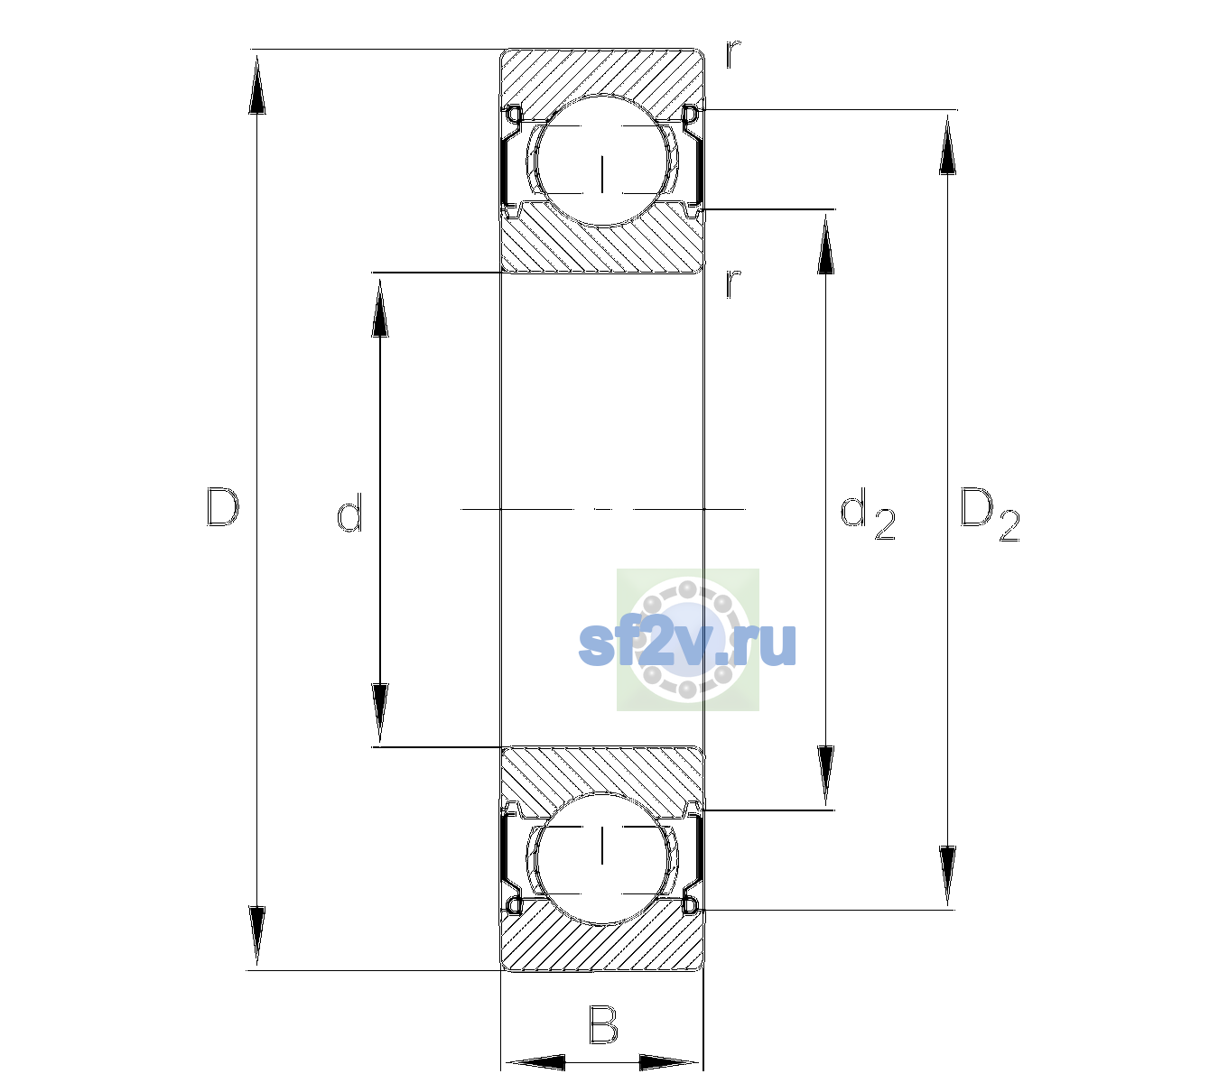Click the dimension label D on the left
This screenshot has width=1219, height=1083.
223,507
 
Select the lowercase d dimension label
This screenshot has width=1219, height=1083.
349,513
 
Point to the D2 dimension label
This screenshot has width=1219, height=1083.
989,514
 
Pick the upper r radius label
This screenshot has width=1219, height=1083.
733,54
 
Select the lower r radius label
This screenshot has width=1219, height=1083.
733,283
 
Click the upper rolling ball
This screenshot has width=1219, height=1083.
602,161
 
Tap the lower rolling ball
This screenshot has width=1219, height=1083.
602,858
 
